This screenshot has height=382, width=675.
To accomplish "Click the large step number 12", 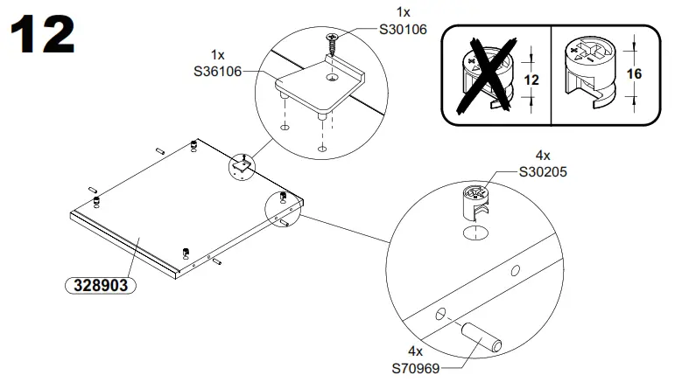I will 42,36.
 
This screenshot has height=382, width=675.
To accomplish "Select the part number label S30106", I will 402,30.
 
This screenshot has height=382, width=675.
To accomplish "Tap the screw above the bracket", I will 334,40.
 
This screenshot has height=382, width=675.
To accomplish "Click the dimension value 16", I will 635,74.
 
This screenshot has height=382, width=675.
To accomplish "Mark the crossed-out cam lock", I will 486,75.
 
